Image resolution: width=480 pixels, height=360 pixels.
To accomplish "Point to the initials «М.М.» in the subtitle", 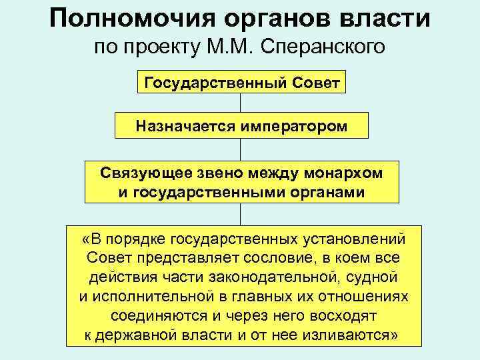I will click(x=247, y=48).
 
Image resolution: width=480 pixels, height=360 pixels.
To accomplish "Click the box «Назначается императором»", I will click(x=241, y=125).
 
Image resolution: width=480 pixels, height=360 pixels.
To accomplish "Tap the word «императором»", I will click(x=290, y=125).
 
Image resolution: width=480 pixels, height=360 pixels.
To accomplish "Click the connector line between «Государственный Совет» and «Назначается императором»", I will click(x=241, y=103).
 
